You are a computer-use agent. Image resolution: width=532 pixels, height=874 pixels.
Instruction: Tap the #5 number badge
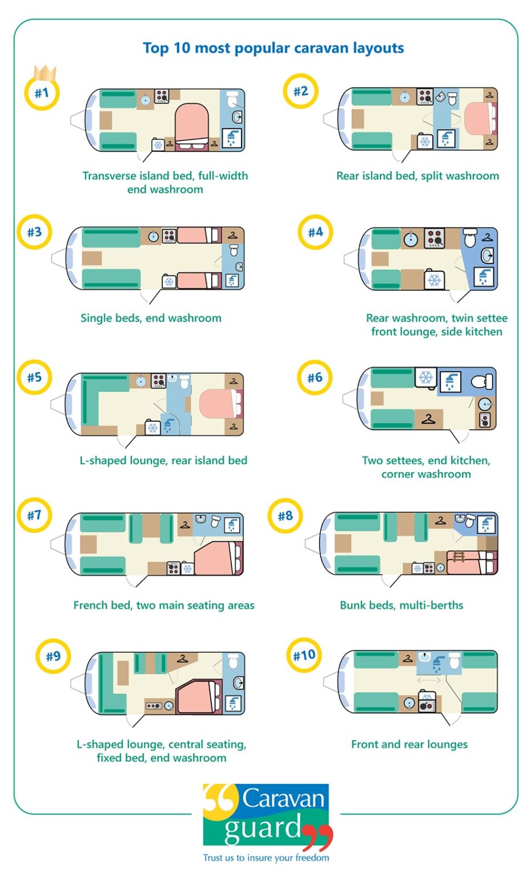tap(35, 377)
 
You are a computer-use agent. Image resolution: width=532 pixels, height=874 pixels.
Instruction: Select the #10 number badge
tap(304, 655)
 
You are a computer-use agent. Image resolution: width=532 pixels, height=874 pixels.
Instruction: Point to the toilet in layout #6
tap(482, 381)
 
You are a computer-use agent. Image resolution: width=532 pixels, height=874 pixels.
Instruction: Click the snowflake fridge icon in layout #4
tap(434, 280)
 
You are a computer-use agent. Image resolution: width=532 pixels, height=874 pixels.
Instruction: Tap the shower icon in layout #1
tap(232, 138)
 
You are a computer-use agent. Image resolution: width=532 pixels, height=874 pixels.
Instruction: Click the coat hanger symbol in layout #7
tap(184, 525)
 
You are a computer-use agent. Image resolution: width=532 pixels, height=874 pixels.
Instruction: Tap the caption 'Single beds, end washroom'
tap(151, 318)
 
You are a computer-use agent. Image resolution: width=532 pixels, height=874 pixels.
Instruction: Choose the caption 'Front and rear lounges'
tap(409, 744)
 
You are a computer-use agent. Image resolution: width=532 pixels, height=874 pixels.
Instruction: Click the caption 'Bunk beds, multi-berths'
tap(402, 605)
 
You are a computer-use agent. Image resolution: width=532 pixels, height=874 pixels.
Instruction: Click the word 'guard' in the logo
tap(262, 828)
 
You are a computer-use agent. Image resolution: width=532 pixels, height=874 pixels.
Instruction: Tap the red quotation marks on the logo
tap(318, 836)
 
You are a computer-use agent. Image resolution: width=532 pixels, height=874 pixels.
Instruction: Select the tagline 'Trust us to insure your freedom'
tap(266, 857)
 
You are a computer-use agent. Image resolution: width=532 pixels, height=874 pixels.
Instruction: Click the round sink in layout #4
tap(411, 240)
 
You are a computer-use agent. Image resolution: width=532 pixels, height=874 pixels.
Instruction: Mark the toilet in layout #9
tap(234, 662)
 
